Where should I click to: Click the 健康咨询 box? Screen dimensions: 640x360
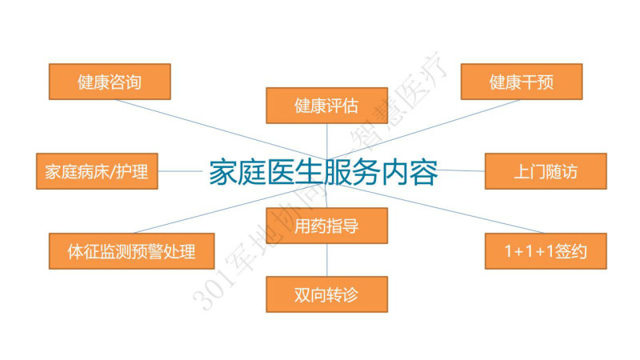coord(110,82)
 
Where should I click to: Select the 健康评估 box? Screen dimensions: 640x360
coord(327,106)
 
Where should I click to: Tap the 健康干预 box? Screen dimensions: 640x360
coord(522,82)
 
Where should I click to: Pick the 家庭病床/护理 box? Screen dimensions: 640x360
coord(97,171)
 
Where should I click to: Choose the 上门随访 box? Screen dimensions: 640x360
coord(546,171)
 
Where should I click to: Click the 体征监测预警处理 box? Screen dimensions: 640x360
coord(131,251)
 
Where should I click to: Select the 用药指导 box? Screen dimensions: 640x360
coord(327,226)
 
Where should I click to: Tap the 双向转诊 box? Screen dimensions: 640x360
coord(327,294)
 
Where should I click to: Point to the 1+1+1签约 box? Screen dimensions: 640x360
coord(546,251)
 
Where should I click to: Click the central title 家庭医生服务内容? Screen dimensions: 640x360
coord(323,172)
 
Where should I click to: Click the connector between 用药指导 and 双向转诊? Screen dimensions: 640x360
coord(327,259)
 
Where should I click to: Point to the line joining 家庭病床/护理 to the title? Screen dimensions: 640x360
coord(180,171)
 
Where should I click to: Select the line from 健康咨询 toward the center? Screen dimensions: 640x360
coord(221,130)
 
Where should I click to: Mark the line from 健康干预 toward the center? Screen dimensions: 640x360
coord(424,130)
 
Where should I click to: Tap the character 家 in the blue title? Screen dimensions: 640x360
coord(223,172)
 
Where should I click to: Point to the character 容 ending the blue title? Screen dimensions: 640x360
coord(424,172)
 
